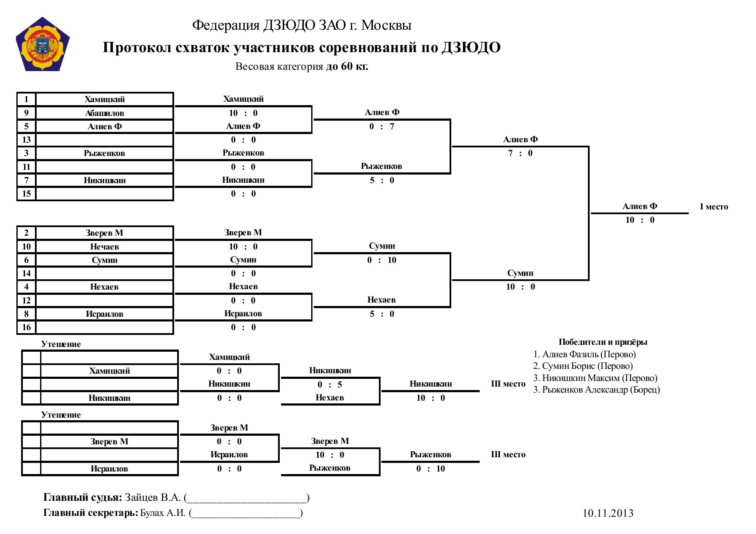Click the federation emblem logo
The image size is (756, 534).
tap(42, 44)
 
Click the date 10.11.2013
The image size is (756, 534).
tap(608, 513)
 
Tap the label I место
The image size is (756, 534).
tap(714, 206)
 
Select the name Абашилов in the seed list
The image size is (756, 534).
tap(104, 113)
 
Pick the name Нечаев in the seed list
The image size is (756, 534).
tap(104, 247)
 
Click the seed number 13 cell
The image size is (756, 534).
tap(26, 140)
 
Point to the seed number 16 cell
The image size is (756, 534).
tap(26, 327)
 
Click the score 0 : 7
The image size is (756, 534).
tap(382, 126)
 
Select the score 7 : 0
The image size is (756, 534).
tap(520, 153)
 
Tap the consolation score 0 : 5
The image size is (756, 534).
tap(330, 384)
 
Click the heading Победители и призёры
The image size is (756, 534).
tap(603, 342)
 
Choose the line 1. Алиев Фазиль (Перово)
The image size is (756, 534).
tap(584, 354)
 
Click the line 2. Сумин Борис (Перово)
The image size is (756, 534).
tap(583, 366)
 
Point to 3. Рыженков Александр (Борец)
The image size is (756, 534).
tap(597, 390)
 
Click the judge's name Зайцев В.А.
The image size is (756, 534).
tap(153, 497)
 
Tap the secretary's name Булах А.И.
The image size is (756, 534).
tap(163, 513)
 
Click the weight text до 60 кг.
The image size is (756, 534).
tap(347, 66)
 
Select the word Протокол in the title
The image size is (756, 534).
tap(136, 47)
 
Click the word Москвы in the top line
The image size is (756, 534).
tap(386, 25)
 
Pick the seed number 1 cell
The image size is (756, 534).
tap(26, 99)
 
